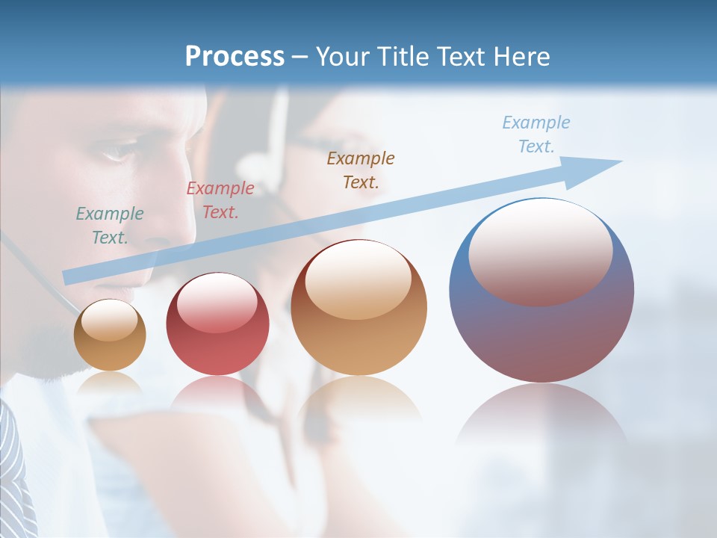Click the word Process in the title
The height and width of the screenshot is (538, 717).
pos(235,57)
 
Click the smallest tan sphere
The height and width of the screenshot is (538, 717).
pos(110,335)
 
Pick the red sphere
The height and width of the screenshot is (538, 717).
pos(217,324)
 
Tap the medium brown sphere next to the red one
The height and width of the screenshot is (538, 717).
pos(359,307)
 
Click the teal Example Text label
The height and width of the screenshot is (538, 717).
pos(110,226)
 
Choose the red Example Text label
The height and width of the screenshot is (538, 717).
pos(220,200)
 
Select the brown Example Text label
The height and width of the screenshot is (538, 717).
pos(361,170)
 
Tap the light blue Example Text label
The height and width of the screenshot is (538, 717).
pos(536,134)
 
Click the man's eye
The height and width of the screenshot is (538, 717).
pos(118,153)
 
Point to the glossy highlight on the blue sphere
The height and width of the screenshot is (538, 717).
pos(540,250)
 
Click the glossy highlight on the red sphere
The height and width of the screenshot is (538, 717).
pos(217,303)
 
